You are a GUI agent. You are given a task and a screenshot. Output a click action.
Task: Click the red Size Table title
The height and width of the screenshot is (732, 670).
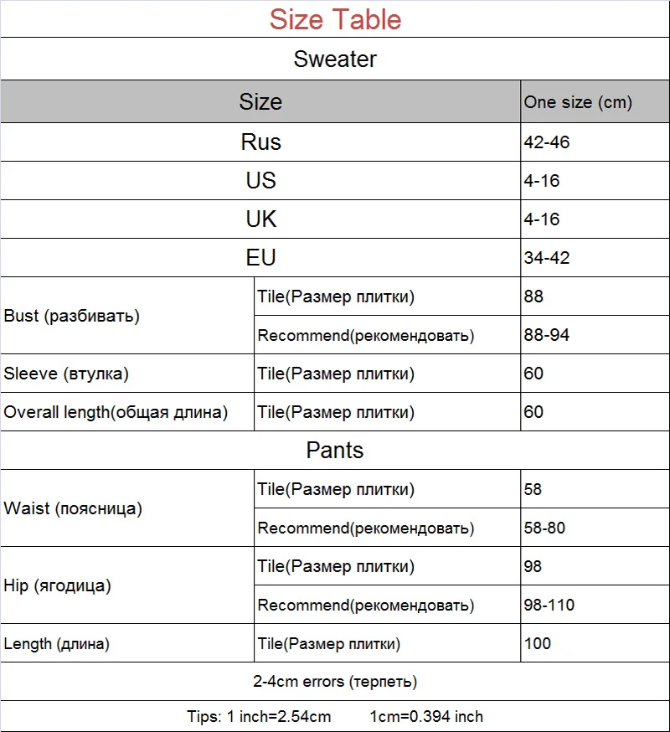pyautogui.click(x=335, y=19)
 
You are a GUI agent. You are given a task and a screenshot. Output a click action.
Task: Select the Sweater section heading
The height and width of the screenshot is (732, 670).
pyautogui.click(x=335, y=59)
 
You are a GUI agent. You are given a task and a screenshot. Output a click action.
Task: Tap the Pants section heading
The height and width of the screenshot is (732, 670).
pyautogui.click(x=335, y=451)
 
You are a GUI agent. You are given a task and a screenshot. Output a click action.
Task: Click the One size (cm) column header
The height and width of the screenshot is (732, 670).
pyautogui.click(x=578, y=103)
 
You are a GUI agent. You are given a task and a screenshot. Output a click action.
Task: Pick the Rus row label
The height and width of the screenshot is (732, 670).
pyautogui.click(x=260, y=142)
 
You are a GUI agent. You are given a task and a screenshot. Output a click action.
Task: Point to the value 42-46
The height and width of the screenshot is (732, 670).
pyautogui.click(x=547, y=142)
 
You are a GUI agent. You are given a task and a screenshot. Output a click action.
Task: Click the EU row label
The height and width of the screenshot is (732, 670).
pyautogui.click(x=260, y=258)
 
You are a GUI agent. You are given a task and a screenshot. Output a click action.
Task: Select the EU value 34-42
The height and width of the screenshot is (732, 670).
pyautogui.click(x=547, y=258)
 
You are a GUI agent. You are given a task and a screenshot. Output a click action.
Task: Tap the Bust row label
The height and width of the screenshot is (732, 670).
pyautogui.click(x=72, y=316)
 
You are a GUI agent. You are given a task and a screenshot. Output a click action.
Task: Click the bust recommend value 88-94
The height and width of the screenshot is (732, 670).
pyautogui.click(x=547, y=336)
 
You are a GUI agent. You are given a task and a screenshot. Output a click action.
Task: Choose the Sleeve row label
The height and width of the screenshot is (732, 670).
pyautogui.click(x=66, y=374)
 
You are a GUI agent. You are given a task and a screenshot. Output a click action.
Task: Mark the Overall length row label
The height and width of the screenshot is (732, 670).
pyautogui.click(x=116, y=412)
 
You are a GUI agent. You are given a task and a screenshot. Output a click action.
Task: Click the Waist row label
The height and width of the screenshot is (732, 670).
pyautogui.click(x=73, y=508)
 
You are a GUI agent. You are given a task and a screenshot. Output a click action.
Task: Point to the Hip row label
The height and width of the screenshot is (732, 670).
pyautogui.click(x=57, y=585)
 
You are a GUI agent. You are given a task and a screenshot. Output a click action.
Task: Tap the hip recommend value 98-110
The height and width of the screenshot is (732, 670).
pyautogui.click(x=549, y=605)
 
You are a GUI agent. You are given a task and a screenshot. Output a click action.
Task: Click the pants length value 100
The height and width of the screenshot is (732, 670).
pyautogui.click(x=538, y=643)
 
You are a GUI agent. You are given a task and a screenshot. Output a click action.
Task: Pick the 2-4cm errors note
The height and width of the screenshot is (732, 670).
pyautogui.click(x=335, y=682)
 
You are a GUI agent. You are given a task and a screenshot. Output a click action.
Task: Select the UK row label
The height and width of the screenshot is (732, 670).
pyautogui.click(x=260, y=219)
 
